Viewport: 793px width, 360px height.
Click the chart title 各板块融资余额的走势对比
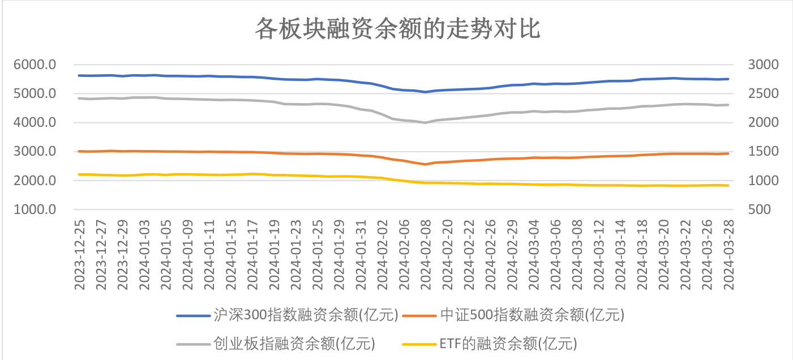tap(397, 28)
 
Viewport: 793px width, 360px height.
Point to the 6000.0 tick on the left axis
tap(35, 65)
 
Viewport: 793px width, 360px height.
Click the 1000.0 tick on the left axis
tap(35, 210)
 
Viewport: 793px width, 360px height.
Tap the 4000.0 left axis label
tap(35, 123)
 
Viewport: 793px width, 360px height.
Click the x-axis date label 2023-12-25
tap(80, 255)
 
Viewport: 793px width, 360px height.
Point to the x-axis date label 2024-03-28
tap(728, 255)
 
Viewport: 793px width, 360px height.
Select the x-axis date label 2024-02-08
tap(426, 255)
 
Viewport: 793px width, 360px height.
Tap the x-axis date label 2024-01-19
tap(273, 255)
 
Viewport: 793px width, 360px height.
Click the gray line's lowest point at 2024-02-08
tap(426, 122)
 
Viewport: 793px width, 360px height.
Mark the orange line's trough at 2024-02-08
tap(426, 164)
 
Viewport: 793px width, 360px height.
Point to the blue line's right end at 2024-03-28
tap(728, 79)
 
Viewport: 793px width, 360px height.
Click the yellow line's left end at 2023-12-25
tap(80, 174)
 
